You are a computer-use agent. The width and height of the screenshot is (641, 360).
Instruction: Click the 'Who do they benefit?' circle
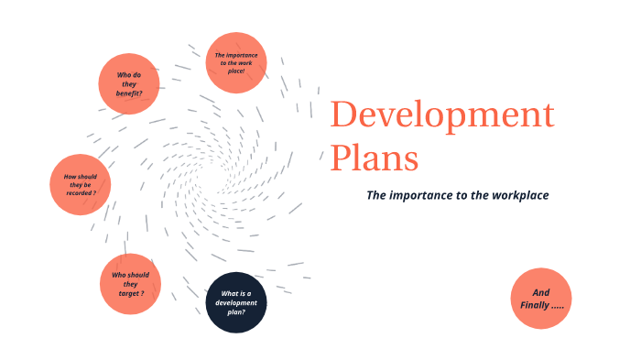point(129,84)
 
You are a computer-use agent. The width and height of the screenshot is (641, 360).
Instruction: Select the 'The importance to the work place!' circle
point(236,62)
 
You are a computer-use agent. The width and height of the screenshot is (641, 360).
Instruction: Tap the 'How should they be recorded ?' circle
point(80,184)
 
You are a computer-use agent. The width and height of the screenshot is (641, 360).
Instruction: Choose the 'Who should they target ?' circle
point(130,284)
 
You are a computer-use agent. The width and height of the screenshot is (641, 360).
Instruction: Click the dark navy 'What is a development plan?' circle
point(236,302)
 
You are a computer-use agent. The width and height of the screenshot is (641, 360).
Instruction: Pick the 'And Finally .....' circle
point(541,299)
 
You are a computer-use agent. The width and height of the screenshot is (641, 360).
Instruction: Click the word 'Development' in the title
point(442,116)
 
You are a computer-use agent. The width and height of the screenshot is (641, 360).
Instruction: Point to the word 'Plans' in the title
point(375,158)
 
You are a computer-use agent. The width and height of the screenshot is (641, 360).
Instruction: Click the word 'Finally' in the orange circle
point(537,304)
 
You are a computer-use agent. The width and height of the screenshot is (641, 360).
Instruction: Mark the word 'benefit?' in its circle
point(130,94)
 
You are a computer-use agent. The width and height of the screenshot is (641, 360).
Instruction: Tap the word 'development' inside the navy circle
point(236,302)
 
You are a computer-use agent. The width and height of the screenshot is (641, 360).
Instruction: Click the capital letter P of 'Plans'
point(341,158)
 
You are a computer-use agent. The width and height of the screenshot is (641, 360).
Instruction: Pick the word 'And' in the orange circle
point(541,292)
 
